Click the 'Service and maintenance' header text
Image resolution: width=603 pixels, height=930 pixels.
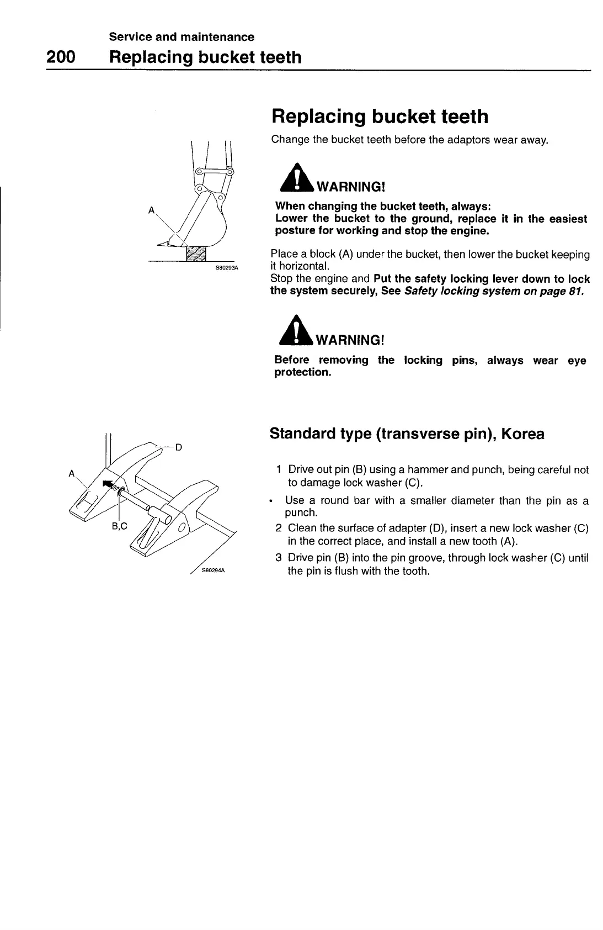tap(182, 37)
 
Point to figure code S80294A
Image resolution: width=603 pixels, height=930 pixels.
tap(212, 571)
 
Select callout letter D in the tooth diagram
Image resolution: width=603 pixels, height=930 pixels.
tap(179, 447)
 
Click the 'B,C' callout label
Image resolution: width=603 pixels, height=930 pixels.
tap(119, 526)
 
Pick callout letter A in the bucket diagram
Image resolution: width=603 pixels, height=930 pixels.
tap(151, 210)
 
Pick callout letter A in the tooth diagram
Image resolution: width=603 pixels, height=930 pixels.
tap(71, 473)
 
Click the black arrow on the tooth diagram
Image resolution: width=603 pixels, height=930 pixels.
tap(108, 484)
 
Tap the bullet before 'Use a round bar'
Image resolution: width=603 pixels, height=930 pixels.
tap(271, 502)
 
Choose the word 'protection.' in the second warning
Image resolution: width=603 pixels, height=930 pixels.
tap(303, 373)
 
